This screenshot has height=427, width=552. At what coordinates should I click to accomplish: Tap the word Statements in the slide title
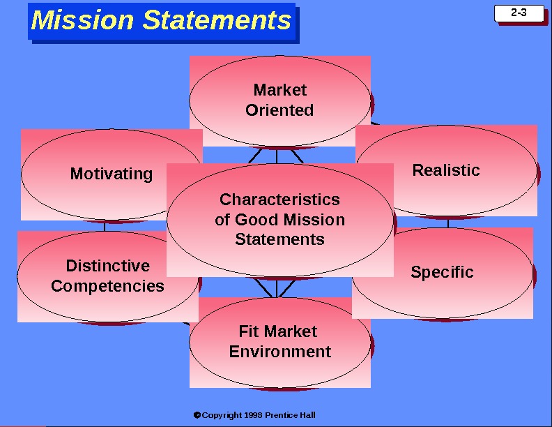point(217,20)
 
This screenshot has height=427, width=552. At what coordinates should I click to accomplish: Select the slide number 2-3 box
point(518,13)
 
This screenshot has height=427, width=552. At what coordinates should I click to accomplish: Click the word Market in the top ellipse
point(279,90)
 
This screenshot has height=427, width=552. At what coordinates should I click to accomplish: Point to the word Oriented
point(279,110)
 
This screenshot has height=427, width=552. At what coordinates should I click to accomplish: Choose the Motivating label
point(112,174)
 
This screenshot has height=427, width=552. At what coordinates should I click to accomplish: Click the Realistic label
point(446,170)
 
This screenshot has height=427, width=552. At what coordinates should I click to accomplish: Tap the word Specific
point(442,273)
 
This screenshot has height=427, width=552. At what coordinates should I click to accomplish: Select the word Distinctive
point(107,266)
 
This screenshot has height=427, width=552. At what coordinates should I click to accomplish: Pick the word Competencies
point(107,286)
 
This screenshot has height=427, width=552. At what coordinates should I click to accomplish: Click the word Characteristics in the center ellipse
point(279,200)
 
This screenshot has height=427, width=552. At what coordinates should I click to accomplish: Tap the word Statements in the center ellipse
point(279,239)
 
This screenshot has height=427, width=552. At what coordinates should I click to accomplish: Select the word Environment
point(279,352)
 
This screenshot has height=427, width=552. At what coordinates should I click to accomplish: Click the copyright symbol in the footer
point(197,415)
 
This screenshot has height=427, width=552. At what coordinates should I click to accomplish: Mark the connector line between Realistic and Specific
point(448,222)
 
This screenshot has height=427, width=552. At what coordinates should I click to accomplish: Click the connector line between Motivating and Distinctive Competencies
point(105,225)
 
